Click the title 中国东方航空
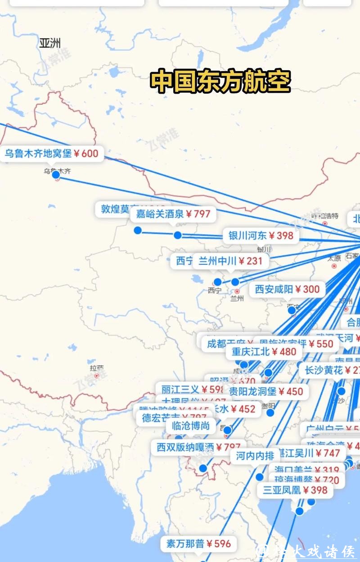[220, 81]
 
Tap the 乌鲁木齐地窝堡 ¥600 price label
[51, 154]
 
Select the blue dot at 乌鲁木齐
[56, 175]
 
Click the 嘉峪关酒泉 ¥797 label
[173, 214]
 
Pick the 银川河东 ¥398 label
[261, 235]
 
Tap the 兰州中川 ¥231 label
[230, 261]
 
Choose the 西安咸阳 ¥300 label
[287, 289]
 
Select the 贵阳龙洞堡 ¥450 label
[266, 391]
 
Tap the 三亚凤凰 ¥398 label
[295, 490]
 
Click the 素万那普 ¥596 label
[198, 544]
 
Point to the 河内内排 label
[255, 456]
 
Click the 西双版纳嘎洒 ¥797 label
[198, 447]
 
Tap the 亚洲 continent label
[49, 43]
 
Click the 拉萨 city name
[96, 367]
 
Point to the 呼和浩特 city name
[324, 215]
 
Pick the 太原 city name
[334, 258]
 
